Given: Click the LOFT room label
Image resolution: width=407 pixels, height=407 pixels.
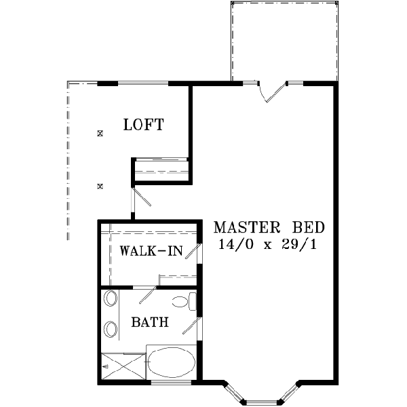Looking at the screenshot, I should click(143, 125).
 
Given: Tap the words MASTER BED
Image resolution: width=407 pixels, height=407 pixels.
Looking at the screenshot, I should click(269, 227).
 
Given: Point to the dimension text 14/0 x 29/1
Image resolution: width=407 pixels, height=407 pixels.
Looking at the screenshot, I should click(268, 244).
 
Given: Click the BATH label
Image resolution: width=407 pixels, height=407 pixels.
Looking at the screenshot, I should click(150, 323).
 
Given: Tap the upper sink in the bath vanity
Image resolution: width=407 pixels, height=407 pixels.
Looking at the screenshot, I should click(111, 299).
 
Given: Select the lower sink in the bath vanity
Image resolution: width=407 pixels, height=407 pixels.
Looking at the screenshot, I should click(111, 330).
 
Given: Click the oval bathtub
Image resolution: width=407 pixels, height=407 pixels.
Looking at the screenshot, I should click(171, 364).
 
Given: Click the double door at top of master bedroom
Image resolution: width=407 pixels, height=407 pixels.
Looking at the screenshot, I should click(272, 91).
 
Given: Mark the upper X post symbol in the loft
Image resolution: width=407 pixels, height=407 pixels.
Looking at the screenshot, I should click(100, 134).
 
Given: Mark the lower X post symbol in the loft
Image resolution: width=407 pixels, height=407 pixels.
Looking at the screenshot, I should click(100, 185).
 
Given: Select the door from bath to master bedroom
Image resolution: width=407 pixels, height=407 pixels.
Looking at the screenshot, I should click(193, 326).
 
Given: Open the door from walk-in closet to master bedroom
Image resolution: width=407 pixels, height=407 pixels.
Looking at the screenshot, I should click(193, 252).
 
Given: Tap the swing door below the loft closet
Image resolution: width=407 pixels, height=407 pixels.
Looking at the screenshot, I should click(142, 197).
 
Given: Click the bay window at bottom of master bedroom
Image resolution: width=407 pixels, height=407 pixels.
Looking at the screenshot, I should click(262, 393).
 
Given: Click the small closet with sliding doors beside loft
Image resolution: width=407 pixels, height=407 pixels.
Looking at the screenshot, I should click(161, 170).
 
